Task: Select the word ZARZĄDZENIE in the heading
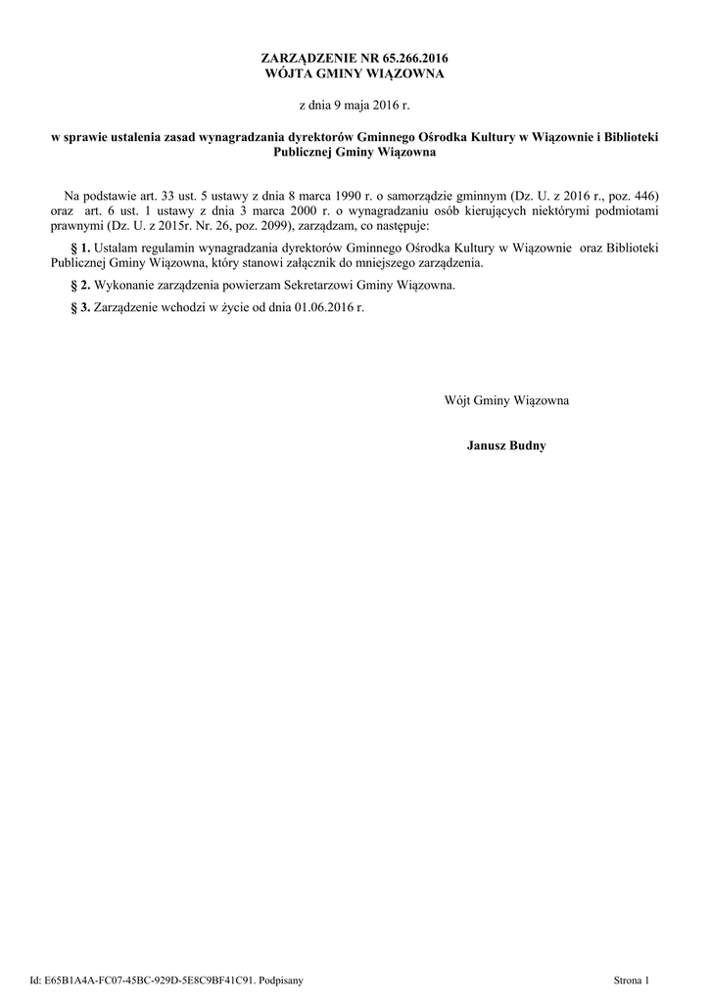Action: [311, 60]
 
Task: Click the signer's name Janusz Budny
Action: [506, 446]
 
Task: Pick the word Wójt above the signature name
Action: [457, 400]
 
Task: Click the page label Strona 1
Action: [631, 979]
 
